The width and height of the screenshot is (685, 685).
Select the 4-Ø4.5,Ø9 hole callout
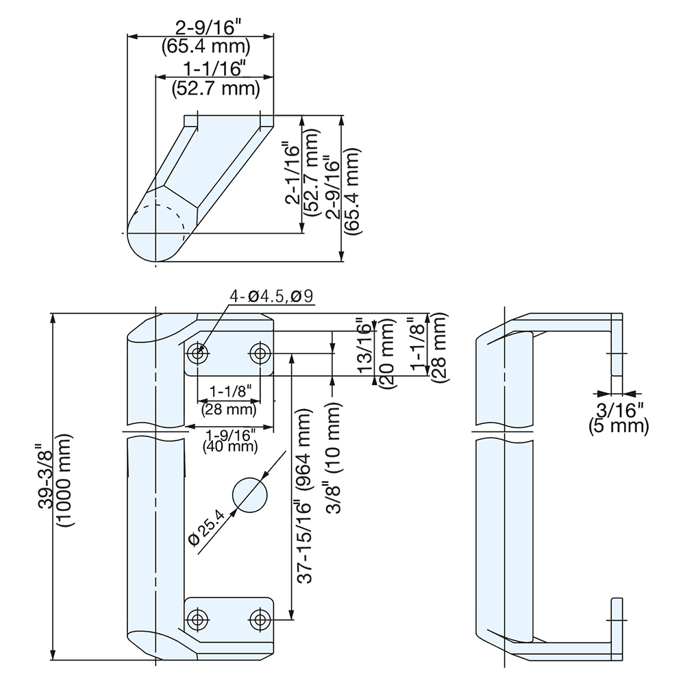click(271, 297)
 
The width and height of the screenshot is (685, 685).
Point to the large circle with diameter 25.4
click(249, 494)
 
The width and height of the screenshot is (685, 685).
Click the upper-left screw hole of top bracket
click(199, 354)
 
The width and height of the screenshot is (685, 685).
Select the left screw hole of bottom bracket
click(199, 619)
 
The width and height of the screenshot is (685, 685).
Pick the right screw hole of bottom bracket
click(259, 619)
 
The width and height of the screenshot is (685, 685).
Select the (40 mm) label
click(230, 447)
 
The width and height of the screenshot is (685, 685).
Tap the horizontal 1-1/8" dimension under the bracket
click(230, 392)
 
